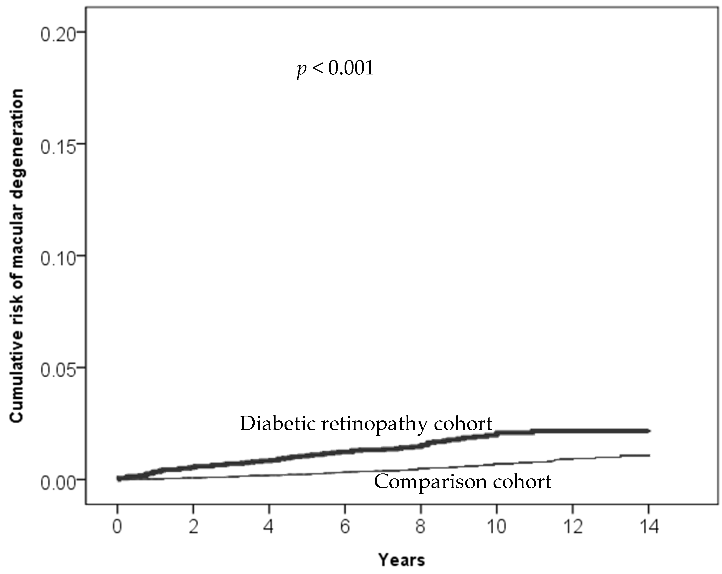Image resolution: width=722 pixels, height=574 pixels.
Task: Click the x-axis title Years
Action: [402, 560]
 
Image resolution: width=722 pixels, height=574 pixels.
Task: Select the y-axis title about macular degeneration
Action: [17, 256]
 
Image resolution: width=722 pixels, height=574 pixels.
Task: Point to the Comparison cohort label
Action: [462, 482]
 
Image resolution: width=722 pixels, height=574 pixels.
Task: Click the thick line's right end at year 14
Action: [649, 431]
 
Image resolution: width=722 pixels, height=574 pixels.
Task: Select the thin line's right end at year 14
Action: [649, 455]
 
